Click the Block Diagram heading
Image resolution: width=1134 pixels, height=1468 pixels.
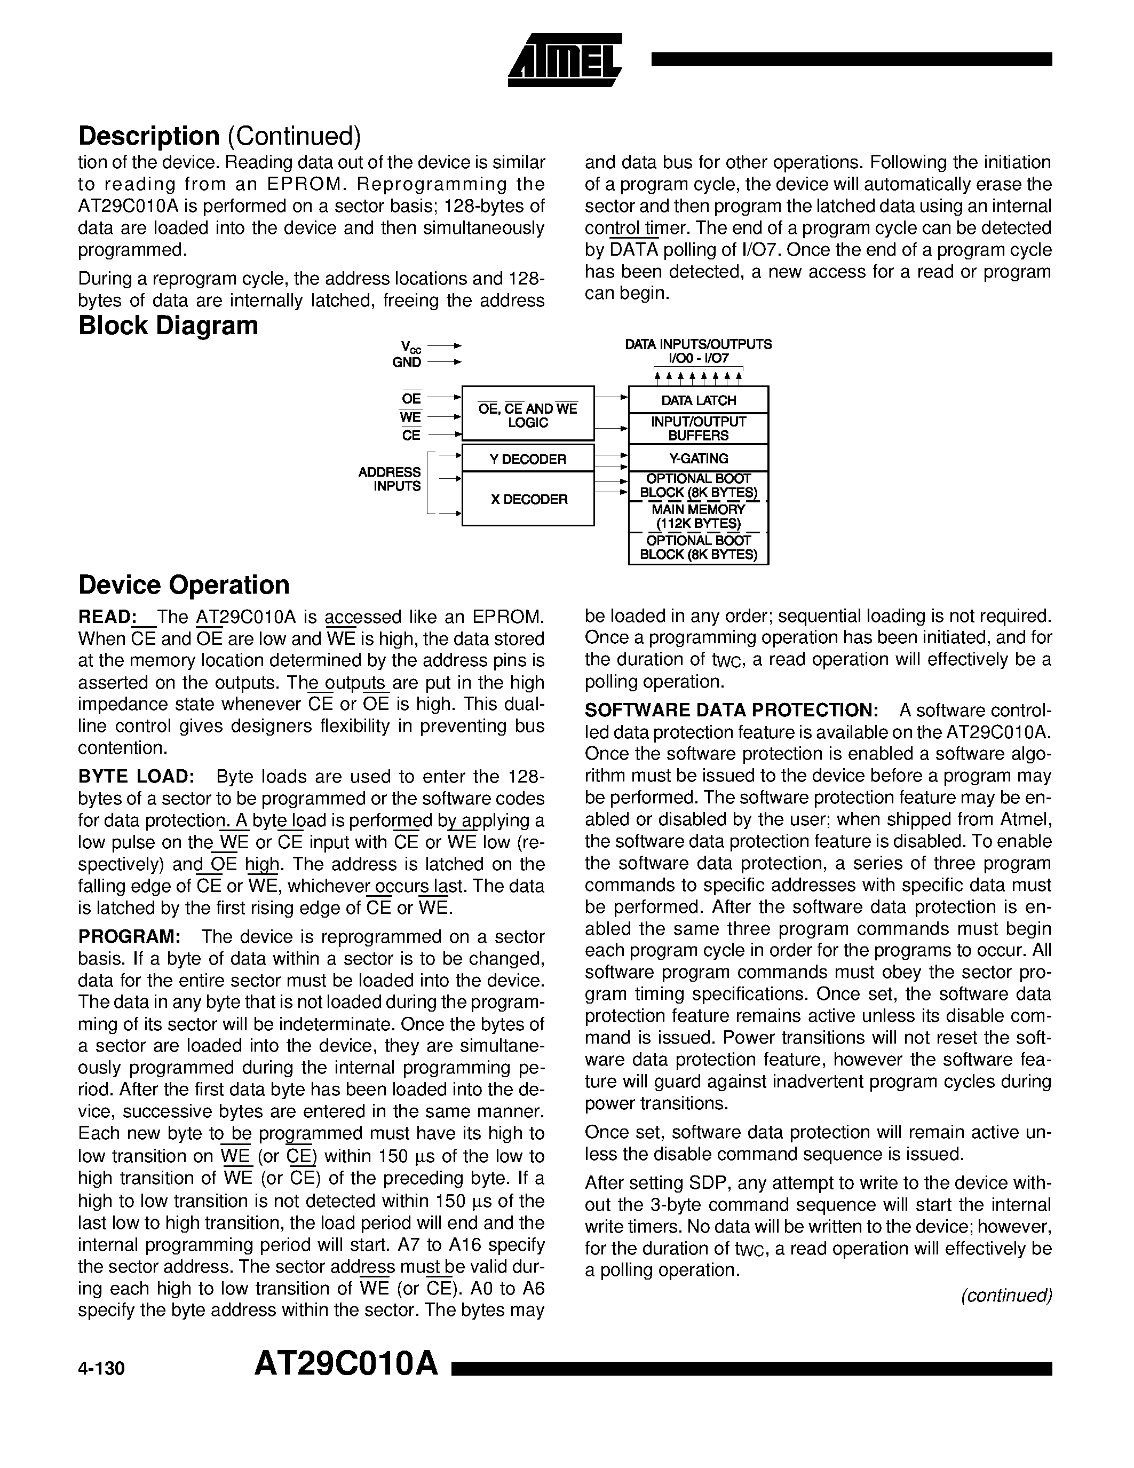point(168,325)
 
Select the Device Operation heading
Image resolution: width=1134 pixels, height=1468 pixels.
point(184,585)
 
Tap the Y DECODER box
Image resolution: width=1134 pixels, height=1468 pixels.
point(528,459)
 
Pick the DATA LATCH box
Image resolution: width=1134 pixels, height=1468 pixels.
point(698,400)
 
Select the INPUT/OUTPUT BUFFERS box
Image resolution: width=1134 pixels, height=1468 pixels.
point(698,429)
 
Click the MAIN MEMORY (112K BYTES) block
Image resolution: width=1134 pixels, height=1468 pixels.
point(698,516)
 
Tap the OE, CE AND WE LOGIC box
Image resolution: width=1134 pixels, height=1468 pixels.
point(528,415)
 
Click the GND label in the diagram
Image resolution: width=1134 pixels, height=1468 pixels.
point(407,362)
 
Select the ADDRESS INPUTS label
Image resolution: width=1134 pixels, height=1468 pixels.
point(390,479)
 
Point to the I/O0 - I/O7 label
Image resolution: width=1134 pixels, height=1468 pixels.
point(698,358)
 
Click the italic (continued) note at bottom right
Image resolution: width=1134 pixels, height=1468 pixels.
point(1006,1295)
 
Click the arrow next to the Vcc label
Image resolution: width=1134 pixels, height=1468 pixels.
point(445,345)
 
